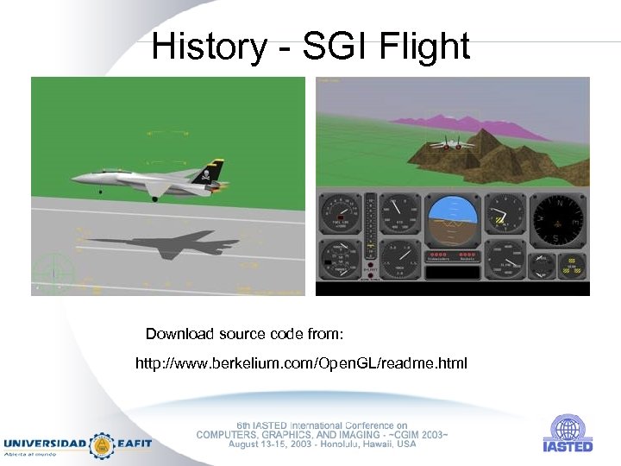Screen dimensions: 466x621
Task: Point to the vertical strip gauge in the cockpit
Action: (x=370, y=233)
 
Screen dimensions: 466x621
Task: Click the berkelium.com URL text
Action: (x=301, y=363)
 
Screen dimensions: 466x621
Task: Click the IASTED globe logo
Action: (x=567, y=428)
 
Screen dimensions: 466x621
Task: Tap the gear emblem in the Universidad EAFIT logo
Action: (x=103, y=444)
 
